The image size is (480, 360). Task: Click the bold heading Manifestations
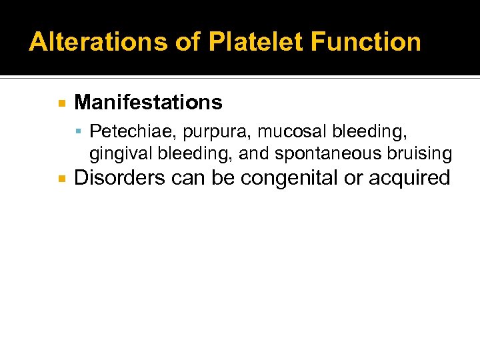pyautogui.click(x=148, y=102)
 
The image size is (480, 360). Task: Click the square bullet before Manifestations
pyautogui.click(x=61, y=103)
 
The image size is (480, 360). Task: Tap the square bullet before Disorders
pyautogui.click(x=61, y=179)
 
